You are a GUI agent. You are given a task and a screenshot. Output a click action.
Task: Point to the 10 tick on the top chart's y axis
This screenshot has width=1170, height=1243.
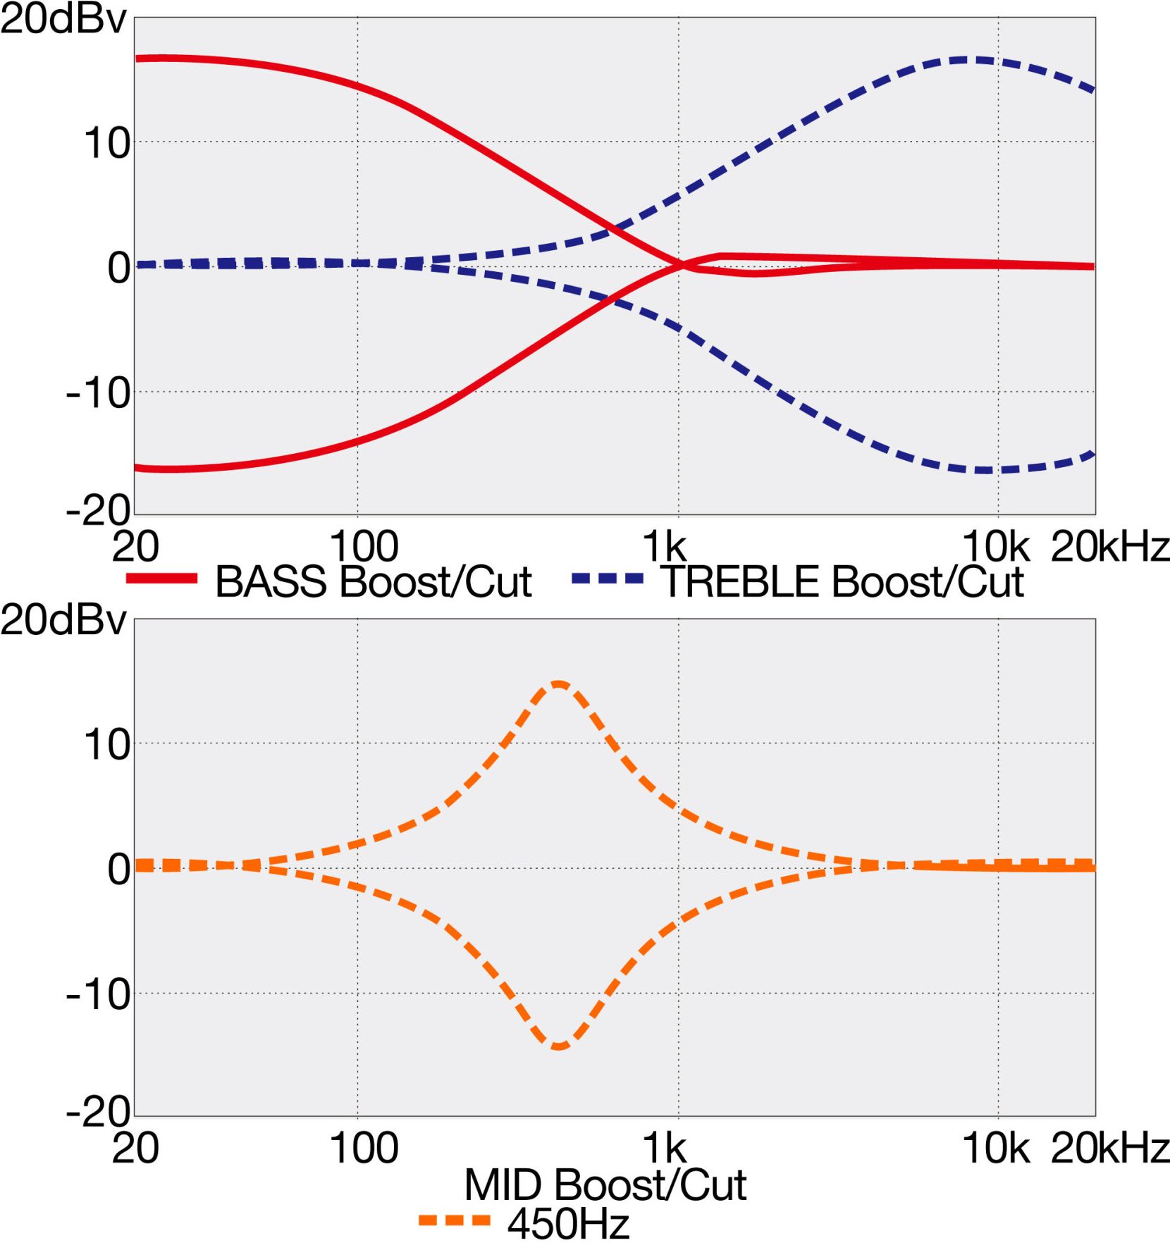pos(107,144)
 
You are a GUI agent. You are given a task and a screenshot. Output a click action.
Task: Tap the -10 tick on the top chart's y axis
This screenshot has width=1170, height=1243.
pos(99,393)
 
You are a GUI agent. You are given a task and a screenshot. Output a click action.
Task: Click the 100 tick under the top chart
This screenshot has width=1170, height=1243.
pos(364,547)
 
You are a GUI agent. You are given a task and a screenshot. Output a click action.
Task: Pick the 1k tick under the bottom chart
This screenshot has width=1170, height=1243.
pos(665,1149)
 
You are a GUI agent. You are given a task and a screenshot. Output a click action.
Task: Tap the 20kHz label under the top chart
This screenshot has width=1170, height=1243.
pos(1109,547)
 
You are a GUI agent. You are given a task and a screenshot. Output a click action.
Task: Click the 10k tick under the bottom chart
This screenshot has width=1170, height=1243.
pos(995,1149)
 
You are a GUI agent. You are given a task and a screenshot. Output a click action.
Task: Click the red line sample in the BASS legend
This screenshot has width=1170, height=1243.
pos(161,579)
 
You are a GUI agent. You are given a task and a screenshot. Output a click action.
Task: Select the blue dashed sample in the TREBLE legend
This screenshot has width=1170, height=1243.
pos(608,579)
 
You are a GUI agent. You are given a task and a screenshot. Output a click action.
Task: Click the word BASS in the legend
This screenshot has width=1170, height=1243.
pos(271,582)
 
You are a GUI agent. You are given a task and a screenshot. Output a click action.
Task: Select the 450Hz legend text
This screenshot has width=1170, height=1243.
pos(568,1224)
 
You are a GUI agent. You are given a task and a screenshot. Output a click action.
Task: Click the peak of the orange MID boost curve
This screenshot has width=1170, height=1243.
pos(559,684)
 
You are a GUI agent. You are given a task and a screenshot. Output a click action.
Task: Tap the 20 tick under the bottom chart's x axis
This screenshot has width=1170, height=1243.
pos(135,1149)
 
